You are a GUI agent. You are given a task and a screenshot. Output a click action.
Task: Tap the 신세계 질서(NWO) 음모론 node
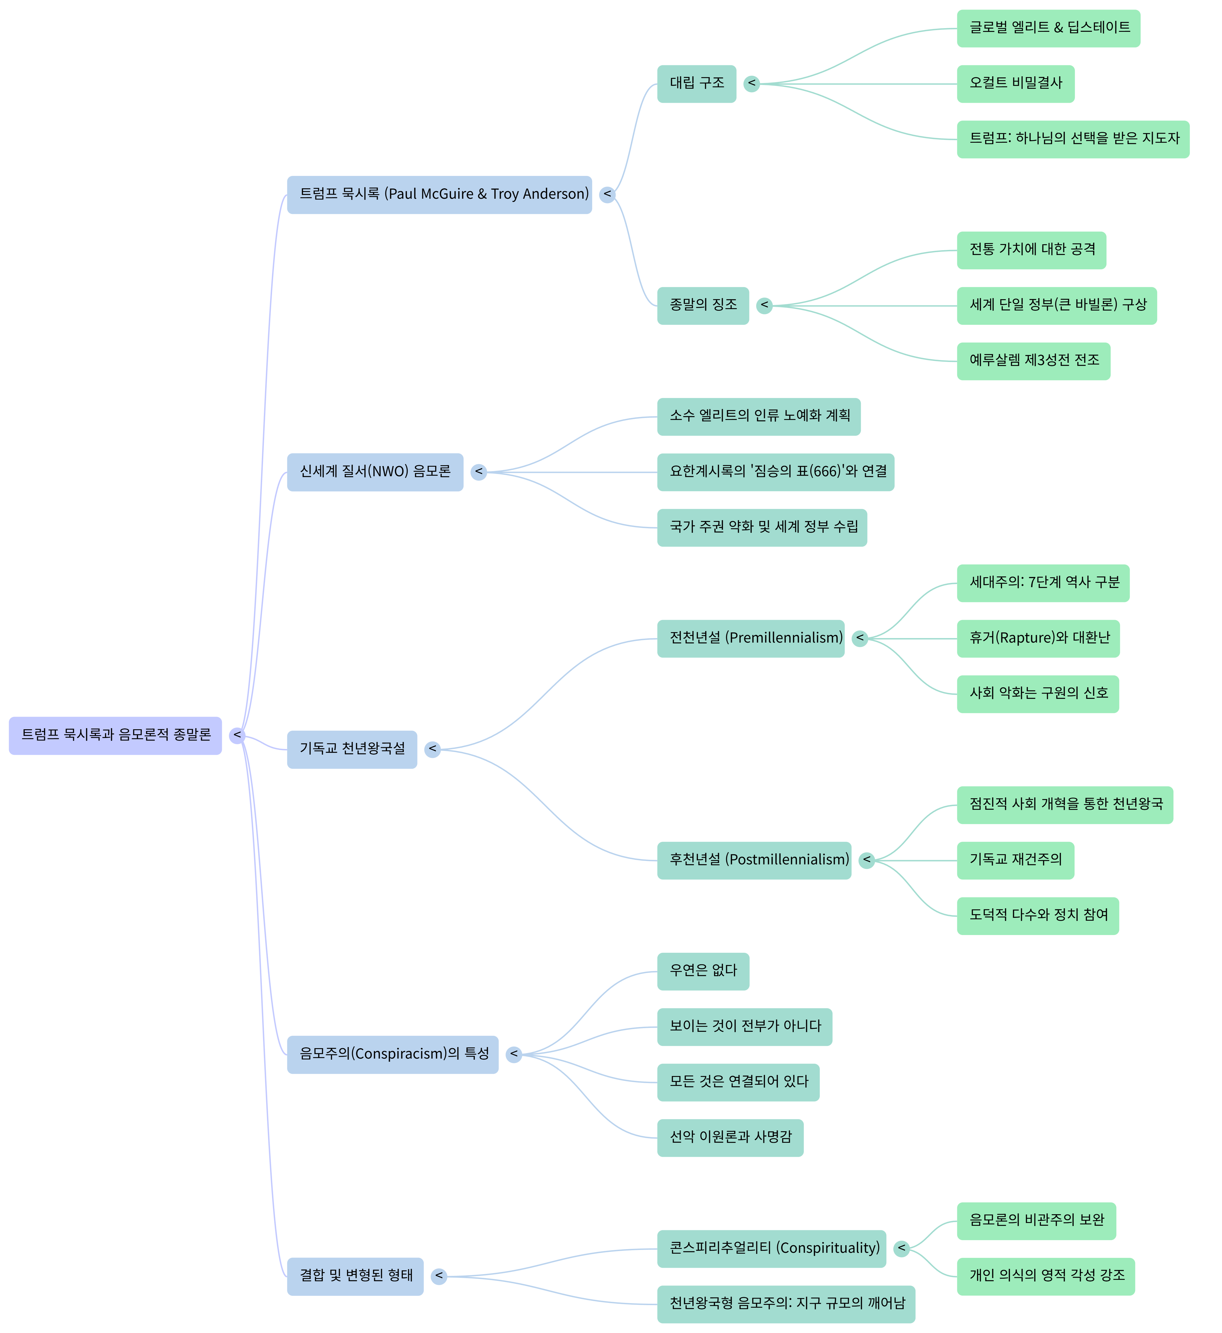(x=375, y=472)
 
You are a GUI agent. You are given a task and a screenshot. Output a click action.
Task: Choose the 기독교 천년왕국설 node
(x=352, y=749)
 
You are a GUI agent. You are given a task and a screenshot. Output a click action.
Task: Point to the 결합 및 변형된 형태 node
(x=355, y=1276)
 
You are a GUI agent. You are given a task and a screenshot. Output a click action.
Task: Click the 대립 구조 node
(x=696, y=83)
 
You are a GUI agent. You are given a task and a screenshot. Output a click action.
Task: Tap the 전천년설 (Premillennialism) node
(x=751, y=638)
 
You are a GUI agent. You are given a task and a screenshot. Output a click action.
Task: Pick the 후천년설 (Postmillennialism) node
(x=754, y=860)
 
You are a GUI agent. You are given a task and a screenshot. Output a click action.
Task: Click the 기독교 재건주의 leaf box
(x=1015, y=860)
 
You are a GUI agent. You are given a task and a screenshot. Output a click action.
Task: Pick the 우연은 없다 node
(x=703, y=971)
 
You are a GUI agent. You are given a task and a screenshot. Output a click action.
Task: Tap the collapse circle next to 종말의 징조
(x=764, y=305)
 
